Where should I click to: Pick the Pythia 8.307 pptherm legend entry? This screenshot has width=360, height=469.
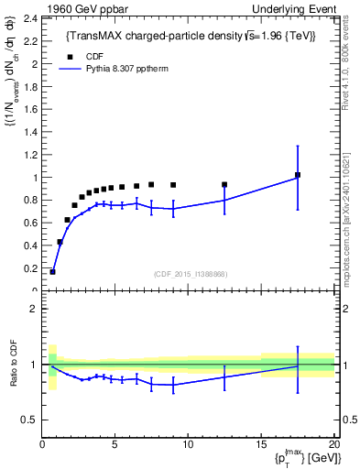point(120,67)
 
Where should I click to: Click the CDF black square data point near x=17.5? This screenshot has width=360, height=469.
point(298,175)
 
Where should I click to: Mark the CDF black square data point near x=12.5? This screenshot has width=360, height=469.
point(224,184)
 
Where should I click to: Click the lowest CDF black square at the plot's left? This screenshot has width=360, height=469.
point(53,271)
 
